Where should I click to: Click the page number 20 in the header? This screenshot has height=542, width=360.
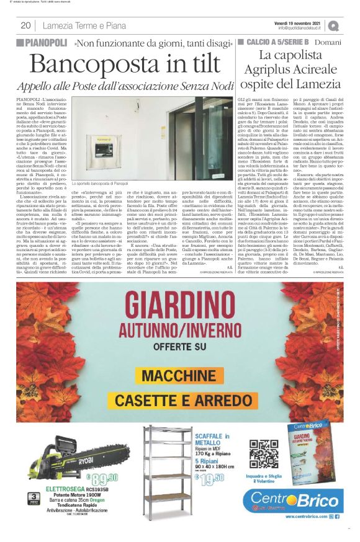tap(26, 25)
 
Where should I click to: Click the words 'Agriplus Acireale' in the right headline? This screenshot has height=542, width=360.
tap(291, 71)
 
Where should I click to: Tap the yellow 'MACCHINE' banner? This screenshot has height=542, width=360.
tap(181, 375)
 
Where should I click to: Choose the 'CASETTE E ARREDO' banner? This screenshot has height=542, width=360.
tap(180, 400)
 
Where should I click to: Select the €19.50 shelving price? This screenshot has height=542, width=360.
tap(209, 477)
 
